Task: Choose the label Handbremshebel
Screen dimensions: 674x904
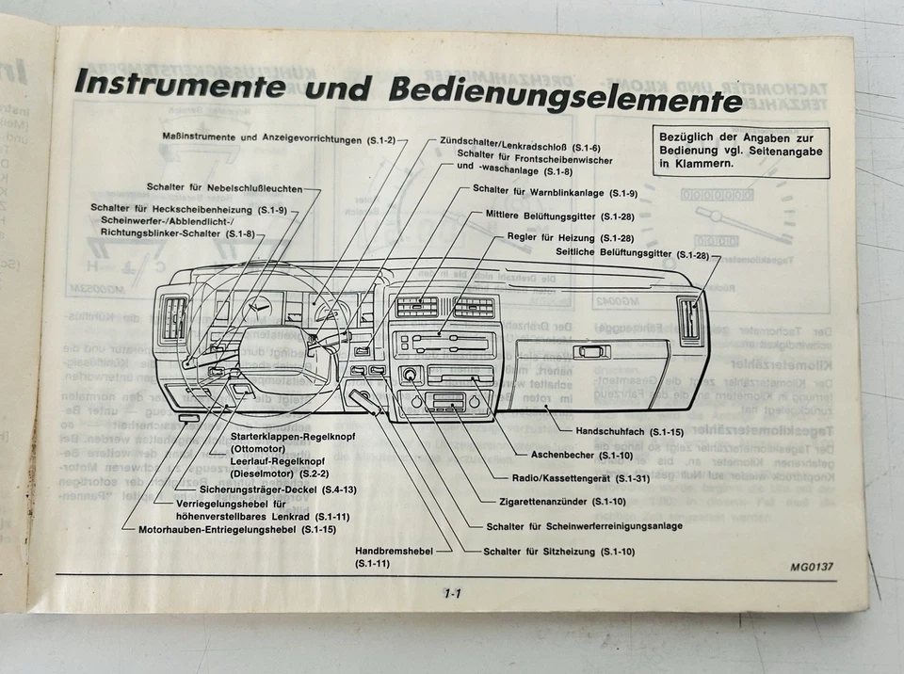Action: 394,551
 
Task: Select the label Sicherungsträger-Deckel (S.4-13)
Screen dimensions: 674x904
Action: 278,489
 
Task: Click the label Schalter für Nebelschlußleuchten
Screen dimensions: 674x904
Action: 232,187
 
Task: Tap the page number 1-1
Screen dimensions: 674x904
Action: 452,593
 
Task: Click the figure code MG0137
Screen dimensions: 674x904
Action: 813,568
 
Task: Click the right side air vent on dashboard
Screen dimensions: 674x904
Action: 689,318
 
